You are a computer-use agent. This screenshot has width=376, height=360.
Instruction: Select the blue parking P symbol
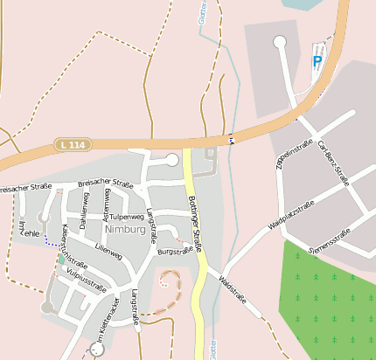coord(317,62)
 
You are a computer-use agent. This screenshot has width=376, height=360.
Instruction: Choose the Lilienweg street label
coord(108,249)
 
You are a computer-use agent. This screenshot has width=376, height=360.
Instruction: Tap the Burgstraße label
coord(175,251)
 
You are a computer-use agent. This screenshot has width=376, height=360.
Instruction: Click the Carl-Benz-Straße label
coord(333,163)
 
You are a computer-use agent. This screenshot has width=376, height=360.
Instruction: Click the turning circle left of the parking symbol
coord(280,41)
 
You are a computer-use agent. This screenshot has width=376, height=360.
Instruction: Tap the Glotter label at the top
coord(203,15)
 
